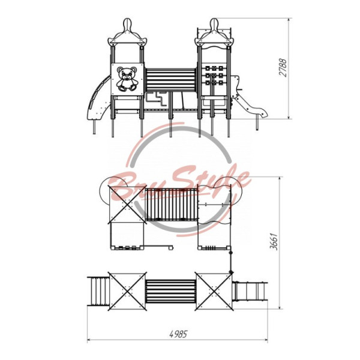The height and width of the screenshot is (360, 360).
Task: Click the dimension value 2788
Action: [x=283, y=68]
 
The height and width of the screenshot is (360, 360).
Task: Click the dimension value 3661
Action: [x=274, y=242]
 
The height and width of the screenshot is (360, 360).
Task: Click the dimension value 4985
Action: [x=178, y=334]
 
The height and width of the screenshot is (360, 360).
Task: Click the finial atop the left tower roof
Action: [x=128, y=25]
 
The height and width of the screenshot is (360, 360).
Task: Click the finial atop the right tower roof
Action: [x=214, y=25]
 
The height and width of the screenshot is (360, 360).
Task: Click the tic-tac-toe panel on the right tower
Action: [x=214, y=76]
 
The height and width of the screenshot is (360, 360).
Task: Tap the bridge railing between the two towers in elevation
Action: [x=171, y=80]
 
